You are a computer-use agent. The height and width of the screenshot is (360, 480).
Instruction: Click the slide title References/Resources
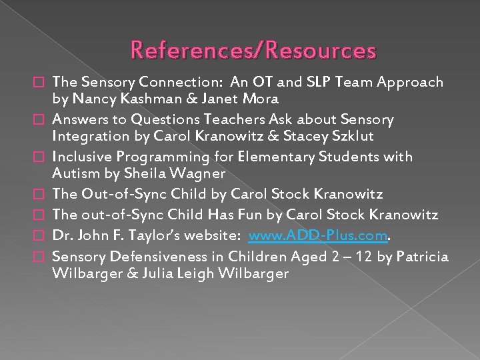click(253, 50)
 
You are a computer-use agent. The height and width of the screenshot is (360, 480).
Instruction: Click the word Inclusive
click(83, 157)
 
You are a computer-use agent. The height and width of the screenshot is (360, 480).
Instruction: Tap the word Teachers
click(248, 119)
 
